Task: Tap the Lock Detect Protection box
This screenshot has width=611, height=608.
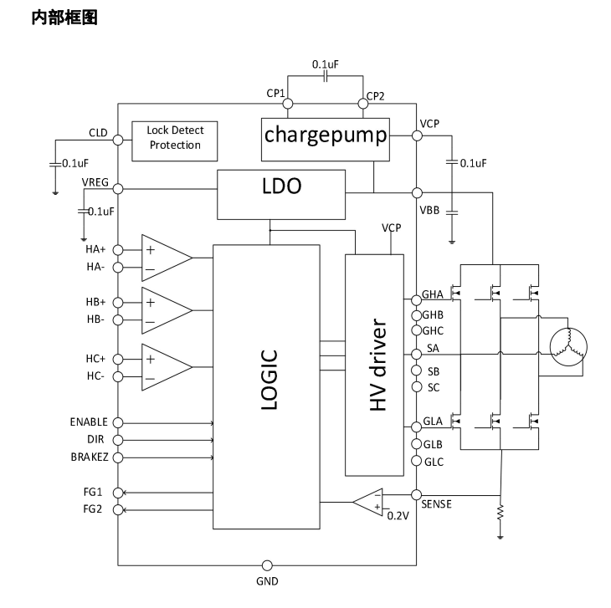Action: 174,138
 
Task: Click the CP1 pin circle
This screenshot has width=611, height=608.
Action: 288,104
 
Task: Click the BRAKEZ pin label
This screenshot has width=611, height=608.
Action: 89,457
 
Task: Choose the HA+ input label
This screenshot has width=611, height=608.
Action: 95,249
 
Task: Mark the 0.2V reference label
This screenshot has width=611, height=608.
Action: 397,516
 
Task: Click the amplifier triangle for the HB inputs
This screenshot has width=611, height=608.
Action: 166,310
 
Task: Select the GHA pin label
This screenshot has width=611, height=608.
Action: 433,294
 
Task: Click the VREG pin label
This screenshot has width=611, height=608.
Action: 95,183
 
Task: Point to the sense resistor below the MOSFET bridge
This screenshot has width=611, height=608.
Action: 500,510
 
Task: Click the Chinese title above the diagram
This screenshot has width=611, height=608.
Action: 64,17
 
